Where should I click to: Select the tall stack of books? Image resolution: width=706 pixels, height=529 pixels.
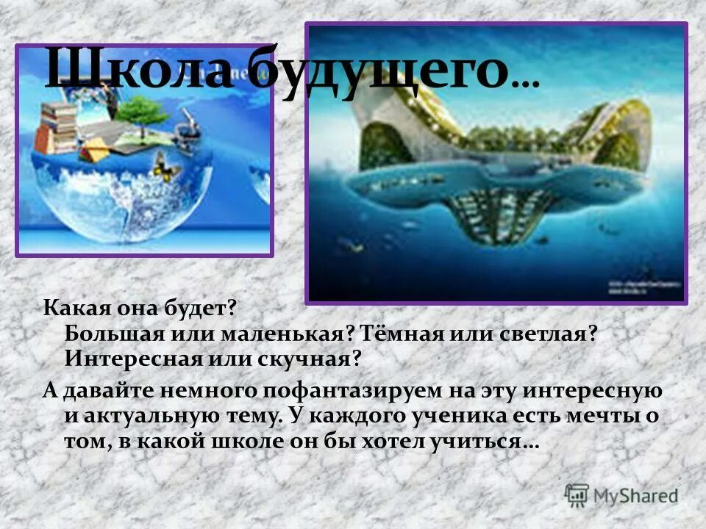[58, 125]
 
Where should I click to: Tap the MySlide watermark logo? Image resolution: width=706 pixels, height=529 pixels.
[621, 495]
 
